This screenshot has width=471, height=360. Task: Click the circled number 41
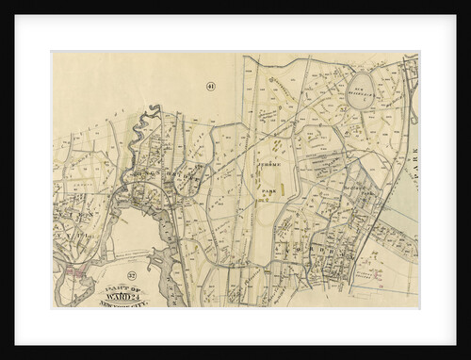pos(210,86)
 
